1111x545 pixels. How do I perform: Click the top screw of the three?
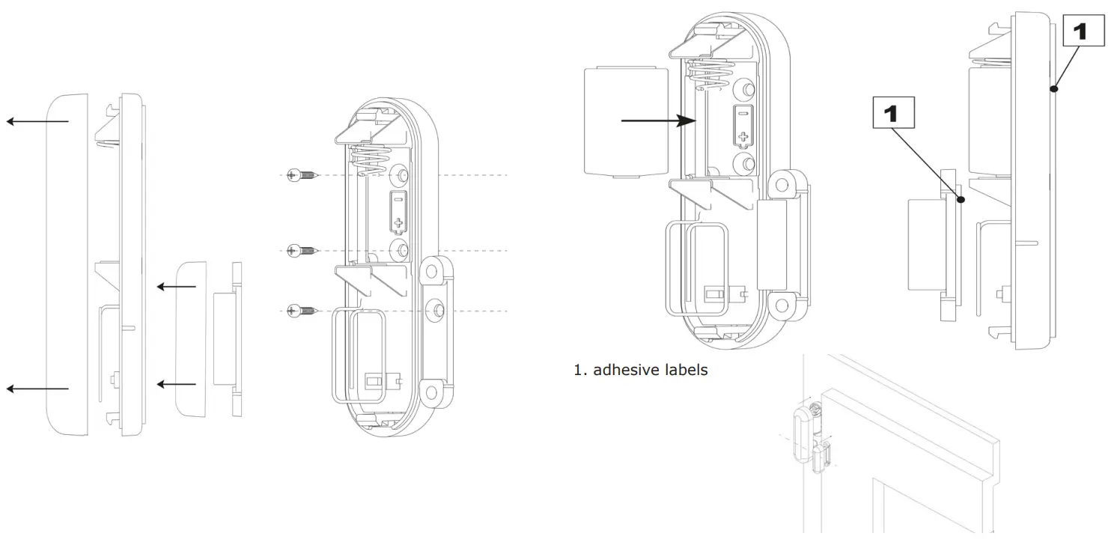pos(302,176)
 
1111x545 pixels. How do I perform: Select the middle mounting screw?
pos(302,250)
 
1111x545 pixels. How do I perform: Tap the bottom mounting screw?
pos(302,310)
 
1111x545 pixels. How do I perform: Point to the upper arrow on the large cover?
pos(37,121)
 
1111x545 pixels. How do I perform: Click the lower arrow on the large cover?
pos(37,388)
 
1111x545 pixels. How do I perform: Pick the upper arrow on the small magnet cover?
pos(177,286)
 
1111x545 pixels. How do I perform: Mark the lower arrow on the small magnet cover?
pos(177,385)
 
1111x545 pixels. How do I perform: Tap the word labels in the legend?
pos(683,369)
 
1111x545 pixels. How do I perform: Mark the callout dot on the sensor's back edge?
pos(1053,89)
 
